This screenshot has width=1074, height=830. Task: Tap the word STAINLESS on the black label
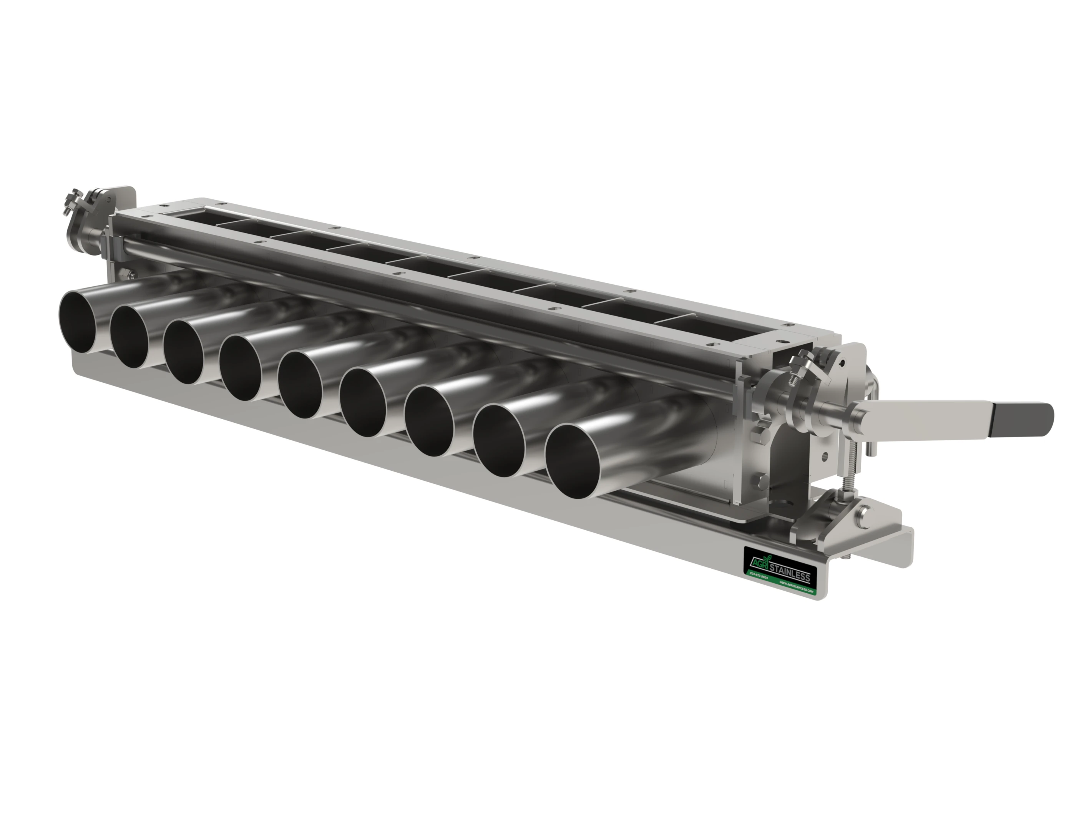coord(789,573)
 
